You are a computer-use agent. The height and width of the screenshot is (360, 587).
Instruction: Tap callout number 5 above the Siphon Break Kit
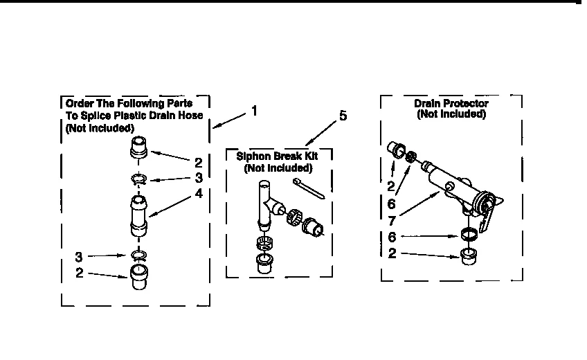[x=343, y=116]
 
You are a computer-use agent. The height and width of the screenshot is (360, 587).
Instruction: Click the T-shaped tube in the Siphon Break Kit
[x=266, y=201]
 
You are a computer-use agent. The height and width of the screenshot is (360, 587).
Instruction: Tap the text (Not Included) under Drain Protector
[x=451, y=114]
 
